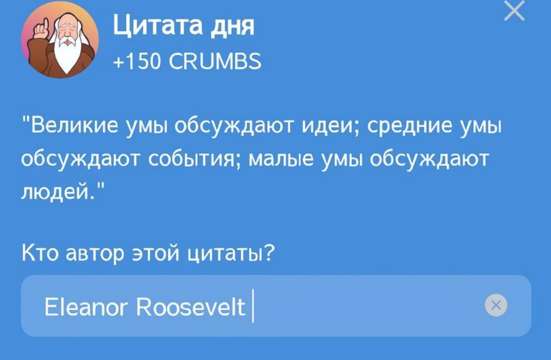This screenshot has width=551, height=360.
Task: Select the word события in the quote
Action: pyautogui.click(x=194, y=160)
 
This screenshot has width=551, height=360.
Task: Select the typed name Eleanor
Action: pyautogui.click(x=86, y=307)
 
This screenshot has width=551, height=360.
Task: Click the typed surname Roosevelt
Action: pyautogui.click(x=191, y=307)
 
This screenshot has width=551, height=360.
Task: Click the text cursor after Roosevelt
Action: pyautogui.click(x=253, y=307)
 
